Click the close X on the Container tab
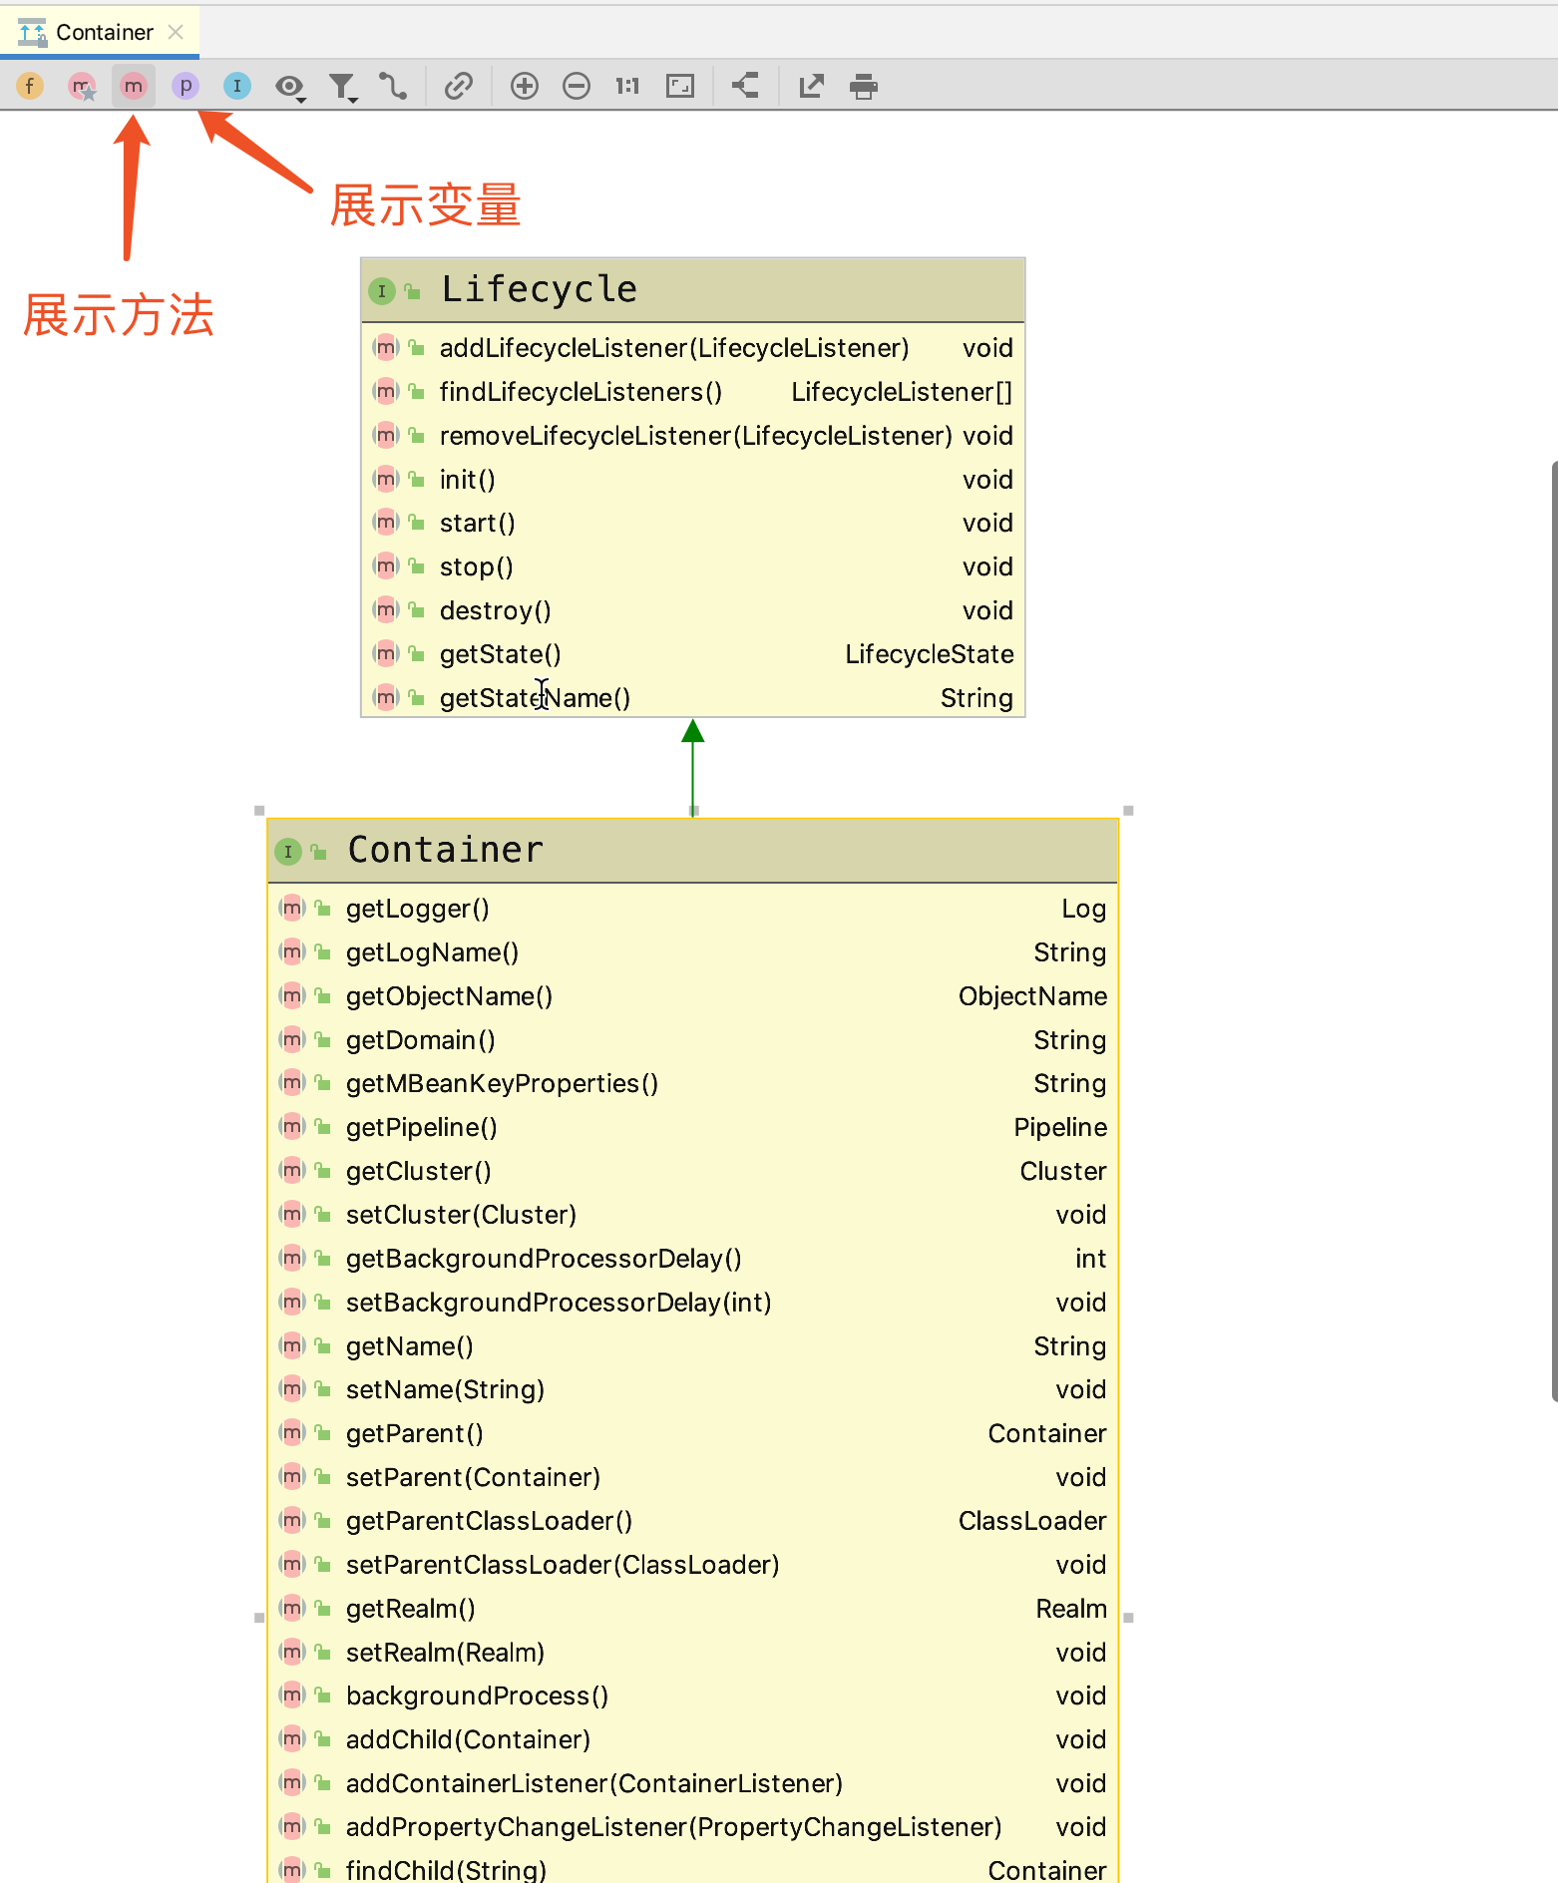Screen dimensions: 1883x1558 pyautogui.click(x=176, y=32)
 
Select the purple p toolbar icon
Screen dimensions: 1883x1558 pyautogui.click(x=186, y=87)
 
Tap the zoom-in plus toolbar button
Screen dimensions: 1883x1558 pyautogui.click(x=525, y=87)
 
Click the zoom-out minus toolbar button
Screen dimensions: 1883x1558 pyautogui.click(x=577, y=87)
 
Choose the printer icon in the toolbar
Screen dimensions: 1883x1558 pyautogui.click(x=864, y=87)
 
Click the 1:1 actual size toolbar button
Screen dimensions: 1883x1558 pyautogui.click(x=627, y=87)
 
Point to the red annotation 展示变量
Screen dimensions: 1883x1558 pyautogui.click(x=425, y=206)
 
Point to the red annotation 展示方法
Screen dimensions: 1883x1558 pyautogui.click(x=119, y=315)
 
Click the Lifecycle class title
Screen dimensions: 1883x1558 pyautogui.click(x=539, y=289)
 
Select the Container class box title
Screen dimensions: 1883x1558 pyautogui.click(x=445, y=850)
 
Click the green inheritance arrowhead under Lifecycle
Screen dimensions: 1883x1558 pyautogui.click(x=693, y=731)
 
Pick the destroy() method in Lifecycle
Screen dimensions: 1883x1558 pyautogui.click(x=495, y=610)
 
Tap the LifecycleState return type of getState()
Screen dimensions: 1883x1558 pyautogui.click(x=929, y=654)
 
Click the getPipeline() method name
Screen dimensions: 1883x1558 pyautogui.click(x=421, y=1127)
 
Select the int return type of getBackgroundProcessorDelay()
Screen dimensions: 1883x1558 pyautogui.click(x=1090, y=1259)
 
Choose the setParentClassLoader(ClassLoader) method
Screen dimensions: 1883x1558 pyautogui.click(x=563, y=1565)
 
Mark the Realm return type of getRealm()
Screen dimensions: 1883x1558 pyautogui.click(x=1070, y=1609)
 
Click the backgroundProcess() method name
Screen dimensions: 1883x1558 pyautogui.click(x=477, y=1695)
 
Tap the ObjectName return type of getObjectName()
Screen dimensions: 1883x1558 pyautogui.click(x=1032, y=996)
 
